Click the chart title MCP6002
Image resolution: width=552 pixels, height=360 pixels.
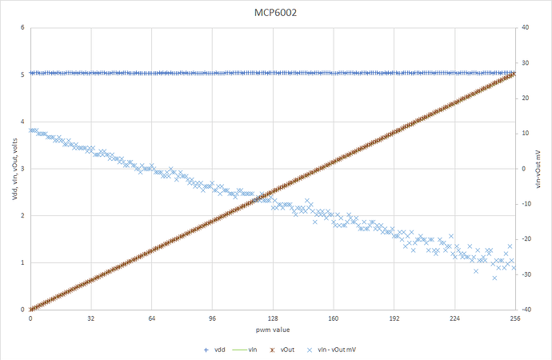275,14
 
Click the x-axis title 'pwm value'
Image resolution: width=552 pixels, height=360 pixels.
273,330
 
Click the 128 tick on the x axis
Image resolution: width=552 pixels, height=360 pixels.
273,318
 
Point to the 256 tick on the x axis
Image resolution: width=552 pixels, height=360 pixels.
515,318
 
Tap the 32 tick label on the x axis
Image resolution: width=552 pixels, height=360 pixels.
90,318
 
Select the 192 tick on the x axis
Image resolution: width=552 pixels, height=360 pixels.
394,318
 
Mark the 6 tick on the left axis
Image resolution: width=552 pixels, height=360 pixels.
22,28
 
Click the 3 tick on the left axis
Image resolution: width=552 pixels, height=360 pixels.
22,169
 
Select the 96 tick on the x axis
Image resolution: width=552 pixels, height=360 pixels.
212,318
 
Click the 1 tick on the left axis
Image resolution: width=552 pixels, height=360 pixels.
22,262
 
